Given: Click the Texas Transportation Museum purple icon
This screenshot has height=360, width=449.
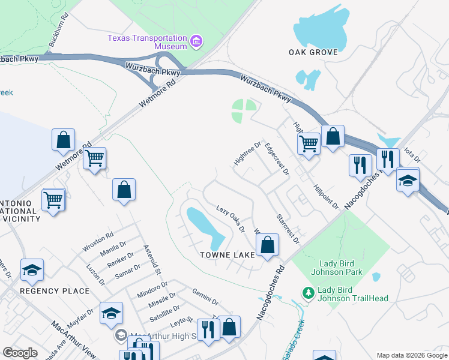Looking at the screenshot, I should (196, 41).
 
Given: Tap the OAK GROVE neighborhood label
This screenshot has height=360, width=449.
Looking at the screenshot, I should (313, 52).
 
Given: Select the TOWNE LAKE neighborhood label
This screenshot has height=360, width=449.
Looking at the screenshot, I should (228, 255).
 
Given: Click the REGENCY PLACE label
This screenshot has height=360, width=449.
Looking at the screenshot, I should (55, 291).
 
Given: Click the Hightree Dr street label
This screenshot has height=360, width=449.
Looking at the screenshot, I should (247, 154).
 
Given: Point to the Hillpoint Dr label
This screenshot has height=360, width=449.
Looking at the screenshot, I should (326, 197).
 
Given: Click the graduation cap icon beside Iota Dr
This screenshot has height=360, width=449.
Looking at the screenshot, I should (408, 180).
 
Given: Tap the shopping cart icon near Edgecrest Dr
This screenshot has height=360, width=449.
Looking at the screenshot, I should (309, 143).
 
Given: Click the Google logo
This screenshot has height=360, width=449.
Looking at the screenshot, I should (20, 353).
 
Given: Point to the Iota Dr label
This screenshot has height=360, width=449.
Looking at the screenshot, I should (412, 154).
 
